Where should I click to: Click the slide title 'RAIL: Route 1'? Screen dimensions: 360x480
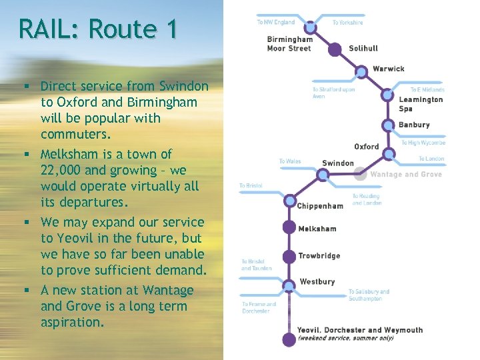click(98, 29)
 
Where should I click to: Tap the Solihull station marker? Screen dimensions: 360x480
click(335, 48)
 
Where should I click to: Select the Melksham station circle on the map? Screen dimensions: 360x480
click(289, 227)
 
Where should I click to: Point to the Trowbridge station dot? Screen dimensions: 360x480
click(289, 256)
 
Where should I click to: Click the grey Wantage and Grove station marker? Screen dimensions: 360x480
click(360, 174)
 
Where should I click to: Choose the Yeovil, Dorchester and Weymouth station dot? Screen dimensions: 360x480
click(289, 340)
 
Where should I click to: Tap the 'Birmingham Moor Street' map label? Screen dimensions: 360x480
click(289, 44)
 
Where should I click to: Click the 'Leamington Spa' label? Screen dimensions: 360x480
click(421, 104)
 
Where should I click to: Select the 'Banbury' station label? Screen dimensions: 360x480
click(414, 125)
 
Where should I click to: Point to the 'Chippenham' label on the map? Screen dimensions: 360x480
click(320, 206)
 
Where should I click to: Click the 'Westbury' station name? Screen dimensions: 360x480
click(317, 282)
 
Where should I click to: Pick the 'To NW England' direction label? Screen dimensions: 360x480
click(275, 23)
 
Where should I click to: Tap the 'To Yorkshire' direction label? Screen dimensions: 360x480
click(348, 23)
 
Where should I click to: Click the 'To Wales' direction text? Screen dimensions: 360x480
click(290, 161)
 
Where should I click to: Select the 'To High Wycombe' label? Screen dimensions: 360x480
click(423, 143)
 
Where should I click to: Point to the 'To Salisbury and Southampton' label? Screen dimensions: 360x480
click(369, 295)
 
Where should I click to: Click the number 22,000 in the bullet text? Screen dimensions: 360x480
click(65, 170)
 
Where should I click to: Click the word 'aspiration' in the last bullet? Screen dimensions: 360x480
click(72, 323)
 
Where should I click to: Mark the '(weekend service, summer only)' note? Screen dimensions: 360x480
click(345, 338)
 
